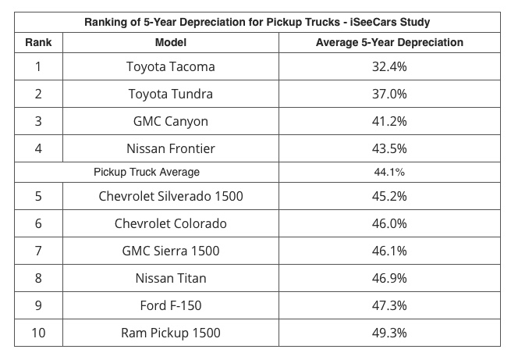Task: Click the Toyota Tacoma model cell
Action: pyautogui.click(x=170, y=67)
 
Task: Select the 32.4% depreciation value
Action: pyautogui.click(x=389, y=67)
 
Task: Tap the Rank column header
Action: pyautogui.click(x=38, y=42)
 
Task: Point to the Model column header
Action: pyautogui.click(x=170, y=42)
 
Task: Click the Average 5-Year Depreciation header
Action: pyautogui.click(x=389, y=42)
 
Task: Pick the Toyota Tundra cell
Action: pyautogui.click(x=170, y=94)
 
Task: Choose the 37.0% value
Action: pyautogui.click(x=389, y=94)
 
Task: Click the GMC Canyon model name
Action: pyautogui.click(x=170, y=122)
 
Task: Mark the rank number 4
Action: pyautogui.click(x=38, y=148)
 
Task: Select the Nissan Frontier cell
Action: pyautogui.click(x=170, y=148)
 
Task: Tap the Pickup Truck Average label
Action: pyautogui.click(x=147, y=172)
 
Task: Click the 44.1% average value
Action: pyautogui.click(x=389, y=172)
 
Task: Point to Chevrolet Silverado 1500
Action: pyautogui.click(x=170, y=196)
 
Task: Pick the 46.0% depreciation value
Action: pyautogui.click(x=389, y=223)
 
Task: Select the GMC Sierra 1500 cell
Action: pyautogui.click(x=170, y=251)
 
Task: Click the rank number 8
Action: pyautogui.click(x=38, y=278)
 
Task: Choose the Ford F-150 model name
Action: pyautogui.click(x=170, y=305)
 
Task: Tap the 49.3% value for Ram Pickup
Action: pyautogui.click(x=389, y=333)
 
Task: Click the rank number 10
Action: pyautogui.click(x=38, y=333)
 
